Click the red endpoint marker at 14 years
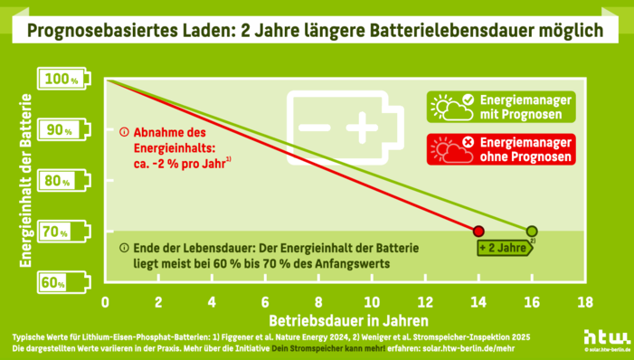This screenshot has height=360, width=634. (x=478, y=231)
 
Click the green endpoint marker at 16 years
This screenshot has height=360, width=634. (x=532, y=231)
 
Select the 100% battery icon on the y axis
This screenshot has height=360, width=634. (x=65, y=80)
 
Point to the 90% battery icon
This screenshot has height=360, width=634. (x=65, y=130)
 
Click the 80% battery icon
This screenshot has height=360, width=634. (x=65, y=181)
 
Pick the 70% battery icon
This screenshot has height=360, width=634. (x=65, y=232)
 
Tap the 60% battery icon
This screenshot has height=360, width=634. (x=65, y=283)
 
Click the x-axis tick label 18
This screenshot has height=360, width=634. (x=585, y=301)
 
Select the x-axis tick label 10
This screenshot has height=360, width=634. (x=372, y=301)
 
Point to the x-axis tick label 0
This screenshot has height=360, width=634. (x=106, y=301)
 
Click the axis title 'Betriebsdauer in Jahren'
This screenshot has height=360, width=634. (x=347, y=320)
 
